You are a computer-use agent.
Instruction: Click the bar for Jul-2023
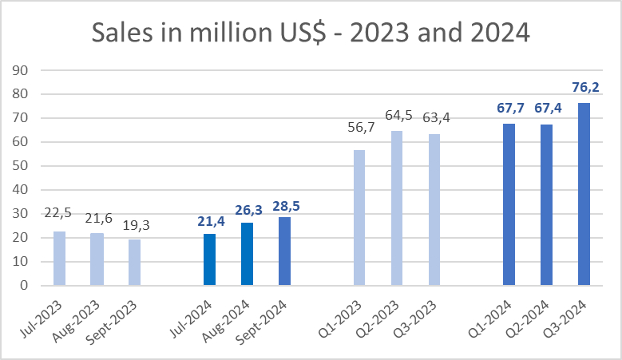pos(59,259)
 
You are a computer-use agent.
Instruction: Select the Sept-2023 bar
pos(134,263)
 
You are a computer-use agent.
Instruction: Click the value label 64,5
pos(397,117)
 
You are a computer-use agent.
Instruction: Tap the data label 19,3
pos(134,225)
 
